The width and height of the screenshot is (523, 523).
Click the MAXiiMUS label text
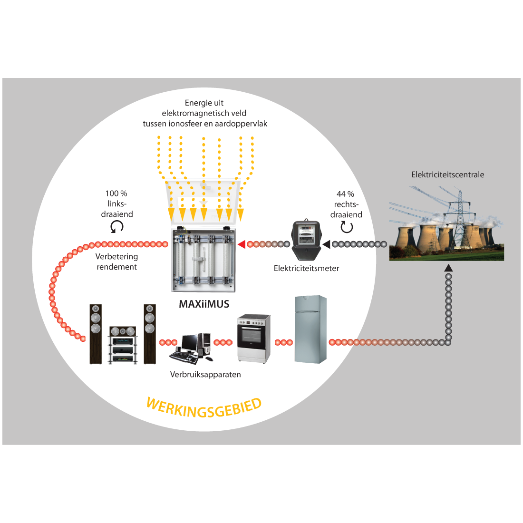click(x=204, y=304)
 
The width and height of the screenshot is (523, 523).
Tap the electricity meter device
click(x=306, y=240)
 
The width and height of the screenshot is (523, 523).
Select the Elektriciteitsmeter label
click(x=306, y=268)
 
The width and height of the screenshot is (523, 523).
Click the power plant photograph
click(x=446, y=223)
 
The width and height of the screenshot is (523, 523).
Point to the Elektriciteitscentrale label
click(x=447, y=174)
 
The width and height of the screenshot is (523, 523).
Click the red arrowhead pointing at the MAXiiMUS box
click(x=242, y=244)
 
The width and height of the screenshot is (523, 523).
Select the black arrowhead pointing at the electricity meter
click(x=326, y=244)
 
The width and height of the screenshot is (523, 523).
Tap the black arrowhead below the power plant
click(x=448, y=268)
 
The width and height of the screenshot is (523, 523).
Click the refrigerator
click(x=310, y=329)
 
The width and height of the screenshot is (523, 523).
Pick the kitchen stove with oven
click(x=253, y=338)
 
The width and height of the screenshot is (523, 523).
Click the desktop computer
click(x=191, y=348)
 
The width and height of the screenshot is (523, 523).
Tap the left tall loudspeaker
click(x=96, y=334)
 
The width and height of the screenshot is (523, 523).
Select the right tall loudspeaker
click(x=150, y=334)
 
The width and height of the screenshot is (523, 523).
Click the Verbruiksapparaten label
click(x=205, y=375)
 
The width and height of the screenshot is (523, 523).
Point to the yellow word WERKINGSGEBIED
click(x=204, y=408)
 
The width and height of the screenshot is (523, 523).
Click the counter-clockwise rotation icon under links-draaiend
click(x=117, y=227)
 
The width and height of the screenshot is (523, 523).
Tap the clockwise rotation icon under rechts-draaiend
click(x=347, y=227)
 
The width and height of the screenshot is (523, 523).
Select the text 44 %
click(x=345, y=194)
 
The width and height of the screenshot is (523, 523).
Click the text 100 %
click(x=116, y=194)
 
